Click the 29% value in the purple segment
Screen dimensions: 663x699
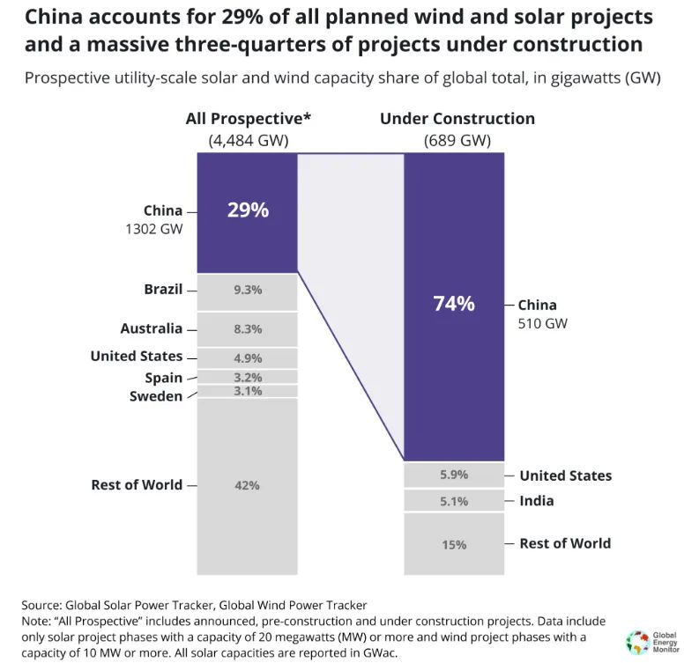pos(247,210)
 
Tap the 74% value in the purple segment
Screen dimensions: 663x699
pos(454,304)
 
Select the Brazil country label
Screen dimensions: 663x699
pos(163,289)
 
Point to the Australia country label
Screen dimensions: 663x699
pos(152,328)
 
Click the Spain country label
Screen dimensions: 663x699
pos(164,378)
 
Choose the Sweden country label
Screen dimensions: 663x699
pos(156,395)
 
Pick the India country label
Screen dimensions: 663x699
pos(537,500)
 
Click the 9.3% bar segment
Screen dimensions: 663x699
pos(247,291)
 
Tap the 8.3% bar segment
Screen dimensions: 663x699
pos(247,328)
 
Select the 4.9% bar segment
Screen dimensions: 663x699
pos(247,357)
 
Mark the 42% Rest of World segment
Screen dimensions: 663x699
pos(247,485)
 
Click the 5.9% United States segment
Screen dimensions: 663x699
pos(454,475)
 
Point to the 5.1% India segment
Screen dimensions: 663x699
pos(454,501)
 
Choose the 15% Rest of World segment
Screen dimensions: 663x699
pos(454,544)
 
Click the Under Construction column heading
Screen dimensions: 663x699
pos(457,119)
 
